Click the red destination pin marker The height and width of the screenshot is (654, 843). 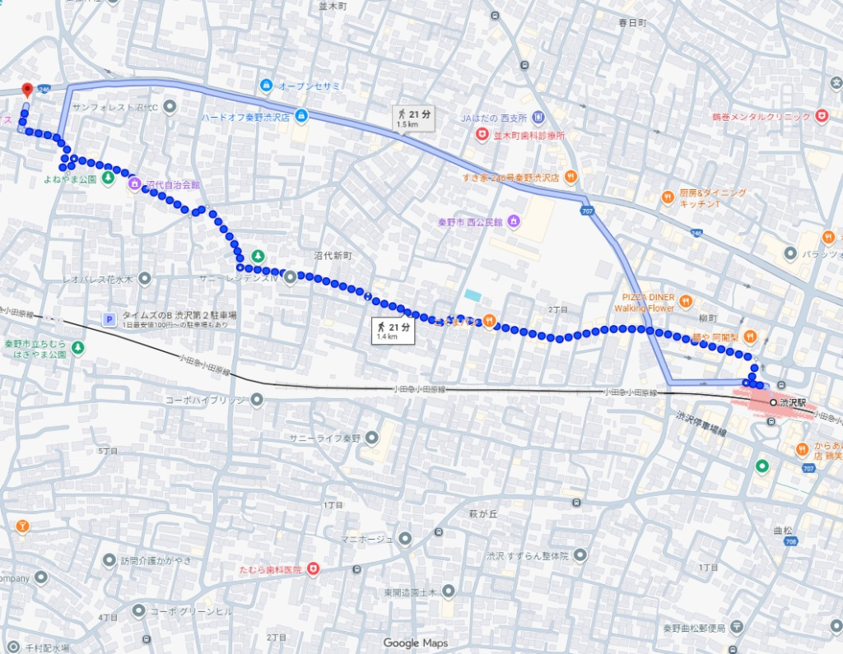[x=26, y=90]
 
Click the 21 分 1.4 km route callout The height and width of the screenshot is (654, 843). [x=393, y=331]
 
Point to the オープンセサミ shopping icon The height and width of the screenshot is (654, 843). [x=266, y=86]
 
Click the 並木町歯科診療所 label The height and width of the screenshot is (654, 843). [x=528, y=134]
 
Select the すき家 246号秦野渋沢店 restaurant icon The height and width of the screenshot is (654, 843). [x=571, y=176]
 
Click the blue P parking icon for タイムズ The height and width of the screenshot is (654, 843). [x=108, y=318]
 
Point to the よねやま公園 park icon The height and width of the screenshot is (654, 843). [x=105, y=179]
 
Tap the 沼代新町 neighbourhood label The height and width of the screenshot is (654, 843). [x=332, y=256]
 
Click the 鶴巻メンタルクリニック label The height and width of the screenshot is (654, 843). [x=762, y=117]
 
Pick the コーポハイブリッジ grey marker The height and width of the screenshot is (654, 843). [x=256, y=400]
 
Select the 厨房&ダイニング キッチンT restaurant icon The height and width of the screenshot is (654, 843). [x=668, y=197]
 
